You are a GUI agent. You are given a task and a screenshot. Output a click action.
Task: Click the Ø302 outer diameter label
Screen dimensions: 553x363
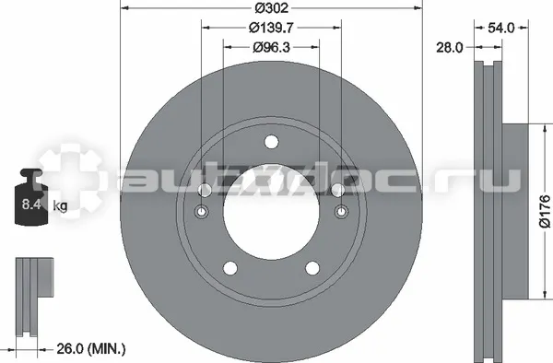tap(271, 8)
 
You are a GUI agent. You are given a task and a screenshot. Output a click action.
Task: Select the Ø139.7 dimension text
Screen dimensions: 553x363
tap(271, 28)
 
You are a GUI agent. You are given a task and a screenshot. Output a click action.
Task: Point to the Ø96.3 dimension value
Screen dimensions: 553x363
tap(271, 47)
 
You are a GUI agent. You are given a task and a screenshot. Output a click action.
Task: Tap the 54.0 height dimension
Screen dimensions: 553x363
tap(501, 28)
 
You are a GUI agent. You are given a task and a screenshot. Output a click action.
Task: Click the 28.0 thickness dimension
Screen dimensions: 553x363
tap(450, 47)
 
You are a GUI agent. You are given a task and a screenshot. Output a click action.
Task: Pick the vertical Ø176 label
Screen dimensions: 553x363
tap(545, 211)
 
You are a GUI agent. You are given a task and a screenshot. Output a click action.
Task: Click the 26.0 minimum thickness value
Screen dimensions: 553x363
tap(71, 349)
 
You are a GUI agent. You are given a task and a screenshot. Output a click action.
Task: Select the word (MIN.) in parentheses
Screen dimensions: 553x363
tap(107, 349)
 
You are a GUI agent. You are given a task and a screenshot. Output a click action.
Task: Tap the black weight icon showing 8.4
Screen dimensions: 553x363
tap(31, 196)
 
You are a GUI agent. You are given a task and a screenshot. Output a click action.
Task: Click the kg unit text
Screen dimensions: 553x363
tap(60, 205)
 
